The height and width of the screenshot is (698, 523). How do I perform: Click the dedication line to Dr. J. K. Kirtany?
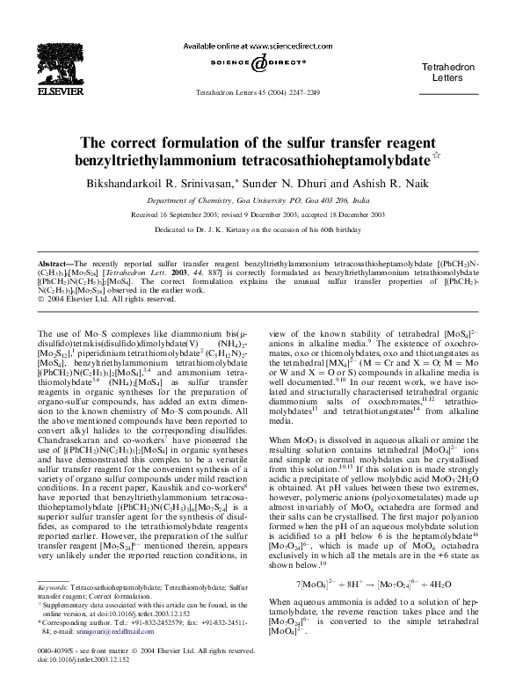pyautogui.click(x=261, y=229)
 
